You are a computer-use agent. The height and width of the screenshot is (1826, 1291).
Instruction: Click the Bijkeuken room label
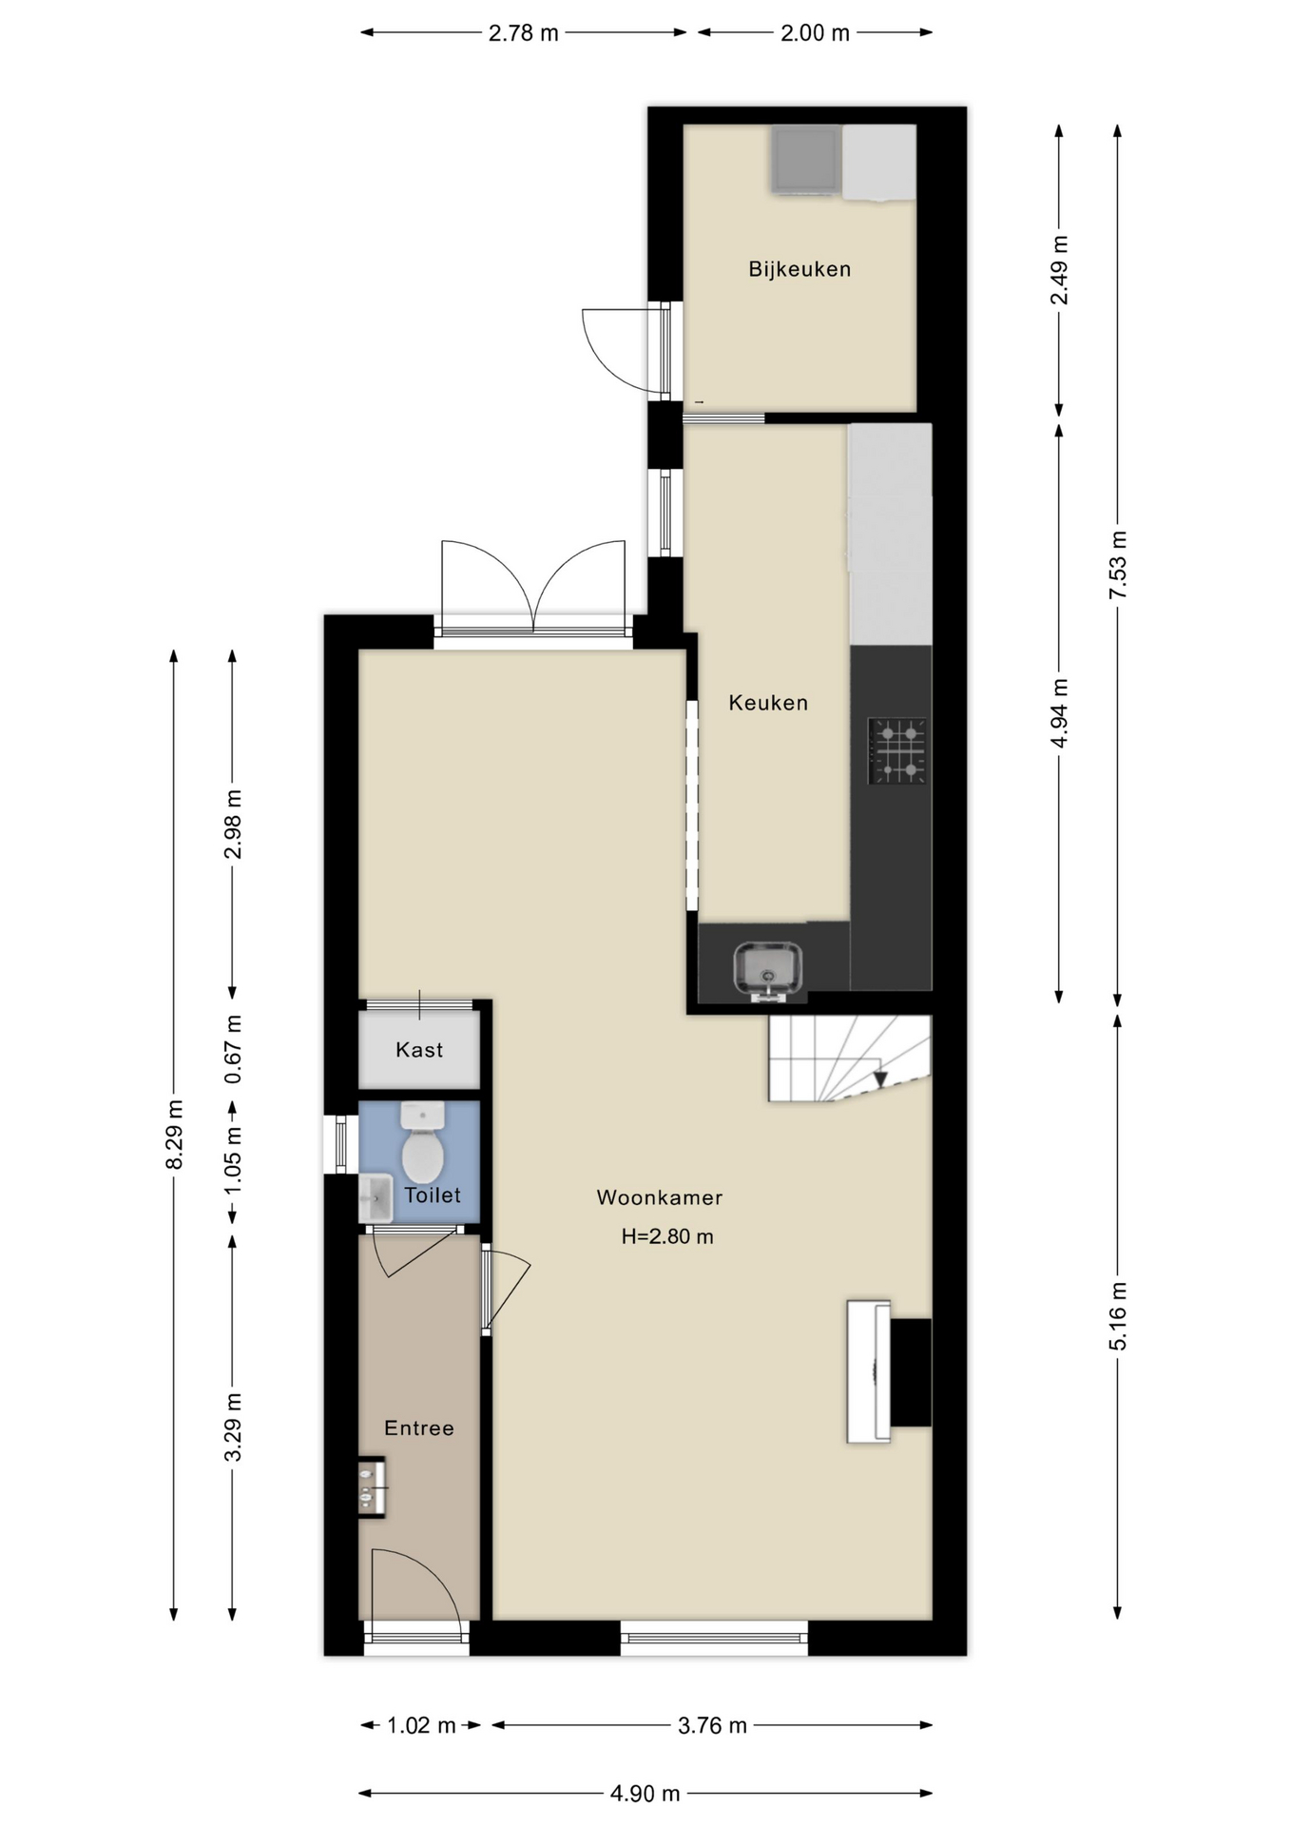pyautogui.click(x=799, y=269)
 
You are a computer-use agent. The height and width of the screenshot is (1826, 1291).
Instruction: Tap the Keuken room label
pyautogui.click(x=768, y=703)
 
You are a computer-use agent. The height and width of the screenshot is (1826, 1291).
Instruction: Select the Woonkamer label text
pyautogui.click(x=660, y=1197)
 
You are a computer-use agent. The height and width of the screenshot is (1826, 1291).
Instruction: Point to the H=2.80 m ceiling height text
pyautogui.click(x=667, y=1236)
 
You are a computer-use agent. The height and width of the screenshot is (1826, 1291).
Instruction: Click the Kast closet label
pyautogui.click(x=419, y=1050)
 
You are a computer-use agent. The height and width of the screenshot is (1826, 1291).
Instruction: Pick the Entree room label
pyautogui.click(x=419, y=1428)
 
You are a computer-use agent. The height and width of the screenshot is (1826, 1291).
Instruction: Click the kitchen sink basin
pyautogui.click(x=767, y=969)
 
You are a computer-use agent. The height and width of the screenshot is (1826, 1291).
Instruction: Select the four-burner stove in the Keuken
pyautogui.click(x=897, y=750)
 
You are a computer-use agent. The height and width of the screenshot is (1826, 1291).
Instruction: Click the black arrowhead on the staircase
pyautogui.click(x=880, y=1079)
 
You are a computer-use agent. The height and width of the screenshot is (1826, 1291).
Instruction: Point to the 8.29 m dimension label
pyautogui.click(x=174, y=1135)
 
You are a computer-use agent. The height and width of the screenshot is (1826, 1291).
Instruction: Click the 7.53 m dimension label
pyautogui.click(x=1118, y=565)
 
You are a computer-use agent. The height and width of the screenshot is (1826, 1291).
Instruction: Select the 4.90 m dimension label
pyautogui.click(x=645, y=1794)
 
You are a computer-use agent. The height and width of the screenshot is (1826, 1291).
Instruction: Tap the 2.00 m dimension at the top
pyautogui.click(x=815, y=33)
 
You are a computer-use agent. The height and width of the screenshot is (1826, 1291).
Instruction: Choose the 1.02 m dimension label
pyautogui.click(x=421, y=1725)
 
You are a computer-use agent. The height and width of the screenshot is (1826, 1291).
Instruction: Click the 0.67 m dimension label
pyautogui.click(x=233, y=1049)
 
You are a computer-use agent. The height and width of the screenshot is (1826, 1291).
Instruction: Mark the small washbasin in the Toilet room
pyautogui.click(x=376, y=1198)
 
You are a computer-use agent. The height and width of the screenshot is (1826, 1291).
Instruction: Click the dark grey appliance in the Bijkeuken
pyautogui.click(x=806, y=160)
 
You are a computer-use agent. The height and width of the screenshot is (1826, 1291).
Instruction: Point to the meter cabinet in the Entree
pyautogui.click(x=372, y=1486)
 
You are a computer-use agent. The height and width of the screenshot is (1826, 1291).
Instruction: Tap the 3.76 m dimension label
pyautogui.click(x=712, y=1725)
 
